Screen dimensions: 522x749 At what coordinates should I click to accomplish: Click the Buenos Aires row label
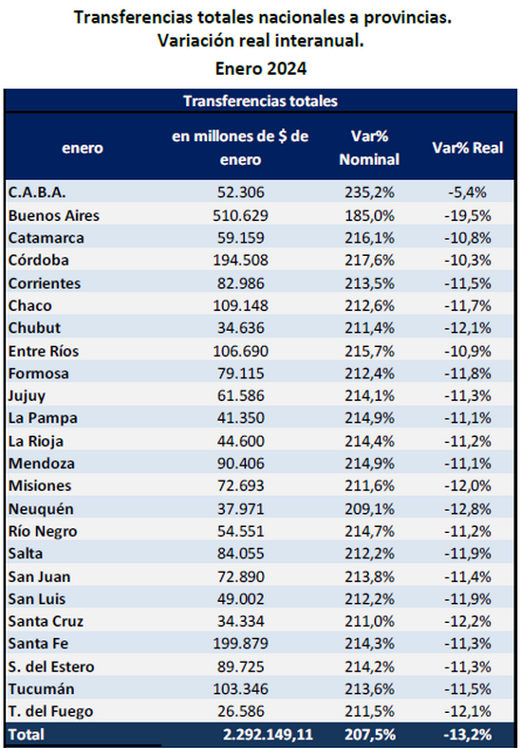54,215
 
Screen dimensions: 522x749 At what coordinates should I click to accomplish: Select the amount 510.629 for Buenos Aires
240,215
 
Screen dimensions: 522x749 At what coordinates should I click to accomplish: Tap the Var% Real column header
468,148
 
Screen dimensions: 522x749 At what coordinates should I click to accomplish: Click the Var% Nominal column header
369,148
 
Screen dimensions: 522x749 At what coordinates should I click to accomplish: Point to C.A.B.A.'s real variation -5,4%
468,193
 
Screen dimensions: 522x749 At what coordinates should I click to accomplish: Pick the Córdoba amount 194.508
240,261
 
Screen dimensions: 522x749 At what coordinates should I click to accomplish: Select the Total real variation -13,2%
468,734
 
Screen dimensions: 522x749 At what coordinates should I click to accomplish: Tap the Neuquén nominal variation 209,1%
369,509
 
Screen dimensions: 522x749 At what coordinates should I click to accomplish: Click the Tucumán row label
42,689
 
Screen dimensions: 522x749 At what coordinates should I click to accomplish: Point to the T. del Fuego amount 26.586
240,711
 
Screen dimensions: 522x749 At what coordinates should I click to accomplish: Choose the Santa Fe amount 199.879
240,644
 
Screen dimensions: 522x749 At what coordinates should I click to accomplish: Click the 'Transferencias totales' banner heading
260,101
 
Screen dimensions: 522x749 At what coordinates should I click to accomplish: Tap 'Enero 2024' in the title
260,69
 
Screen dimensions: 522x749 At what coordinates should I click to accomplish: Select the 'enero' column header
83,148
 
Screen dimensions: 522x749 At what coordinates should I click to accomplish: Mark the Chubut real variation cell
468,328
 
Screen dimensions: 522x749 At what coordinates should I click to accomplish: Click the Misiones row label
40,485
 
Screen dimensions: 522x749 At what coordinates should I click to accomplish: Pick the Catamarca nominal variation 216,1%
369,238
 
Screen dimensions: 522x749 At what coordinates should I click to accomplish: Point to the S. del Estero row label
51,667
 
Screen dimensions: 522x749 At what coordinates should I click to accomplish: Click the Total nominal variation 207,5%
369,734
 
